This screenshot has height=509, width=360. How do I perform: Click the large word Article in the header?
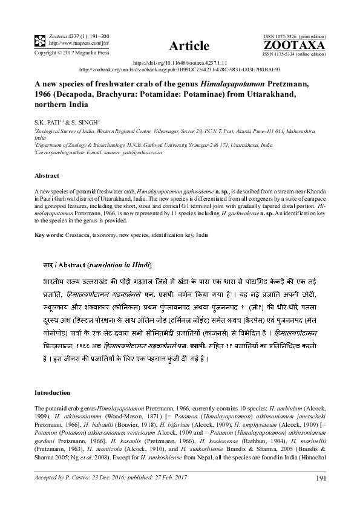(189, 46)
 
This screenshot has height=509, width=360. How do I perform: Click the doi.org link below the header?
(179, 62)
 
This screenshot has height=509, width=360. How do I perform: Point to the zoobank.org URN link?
(180, 69)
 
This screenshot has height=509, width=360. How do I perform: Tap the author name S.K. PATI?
(48, 123)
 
